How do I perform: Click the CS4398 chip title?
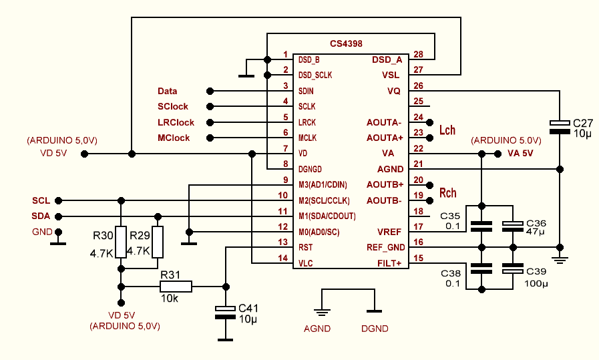tap(346, 43)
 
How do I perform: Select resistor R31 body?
tap(176, 287)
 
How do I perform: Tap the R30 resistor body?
tap(121, 242)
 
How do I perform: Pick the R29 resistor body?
tap(158, 242)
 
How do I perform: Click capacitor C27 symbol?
tap(560, 126)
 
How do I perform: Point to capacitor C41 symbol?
tap(226, 311)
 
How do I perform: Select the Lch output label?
tap(447, 130)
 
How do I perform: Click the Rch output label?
tap(448, 193)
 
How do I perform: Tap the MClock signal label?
tap(174, 138)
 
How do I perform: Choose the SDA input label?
tap(40, 216)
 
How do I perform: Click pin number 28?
tap(419, 54)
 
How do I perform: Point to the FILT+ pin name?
tap(391, 262)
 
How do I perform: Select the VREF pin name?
tap(391, 231)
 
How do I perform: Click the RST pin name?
tap(305, 247)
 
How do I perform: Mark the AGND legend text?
tap(317, 329)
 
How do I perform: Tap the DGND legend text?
tap(375, 329)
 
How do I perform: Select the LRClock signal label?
tap(176, 122)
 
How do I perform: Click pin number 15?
tap(419, 258)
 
